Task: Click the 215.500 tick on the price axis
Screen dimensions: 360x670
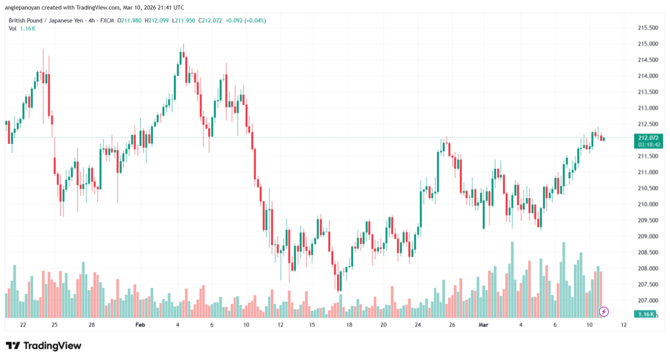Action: [x=648, y=27]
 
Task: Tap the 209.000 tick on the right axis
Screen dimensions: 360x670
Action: [x=648, y=236]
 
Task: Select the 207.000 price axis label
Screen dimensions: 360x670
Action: [x=648, y=300]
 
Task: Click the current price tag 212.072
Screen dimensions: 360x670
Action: [x=647, y=137]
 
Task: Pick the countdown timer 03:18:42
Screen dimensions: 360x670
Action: [x=647, y=145]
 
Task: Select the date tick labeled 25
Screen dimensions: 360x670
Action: [x=54, y=325]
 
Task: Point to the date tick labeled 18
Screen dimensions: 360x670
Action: [x=349, y=325]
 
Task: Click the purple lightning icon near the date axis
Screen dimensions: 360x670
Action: [x=605, y=312]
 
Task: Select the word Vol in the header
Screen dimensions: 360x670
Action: [x=12, y=30]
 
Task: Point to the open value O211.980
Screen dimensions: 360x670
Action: [x=130, y=20]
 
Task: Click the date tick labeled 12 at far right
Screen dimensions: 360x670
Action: [x=623, y=325]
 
